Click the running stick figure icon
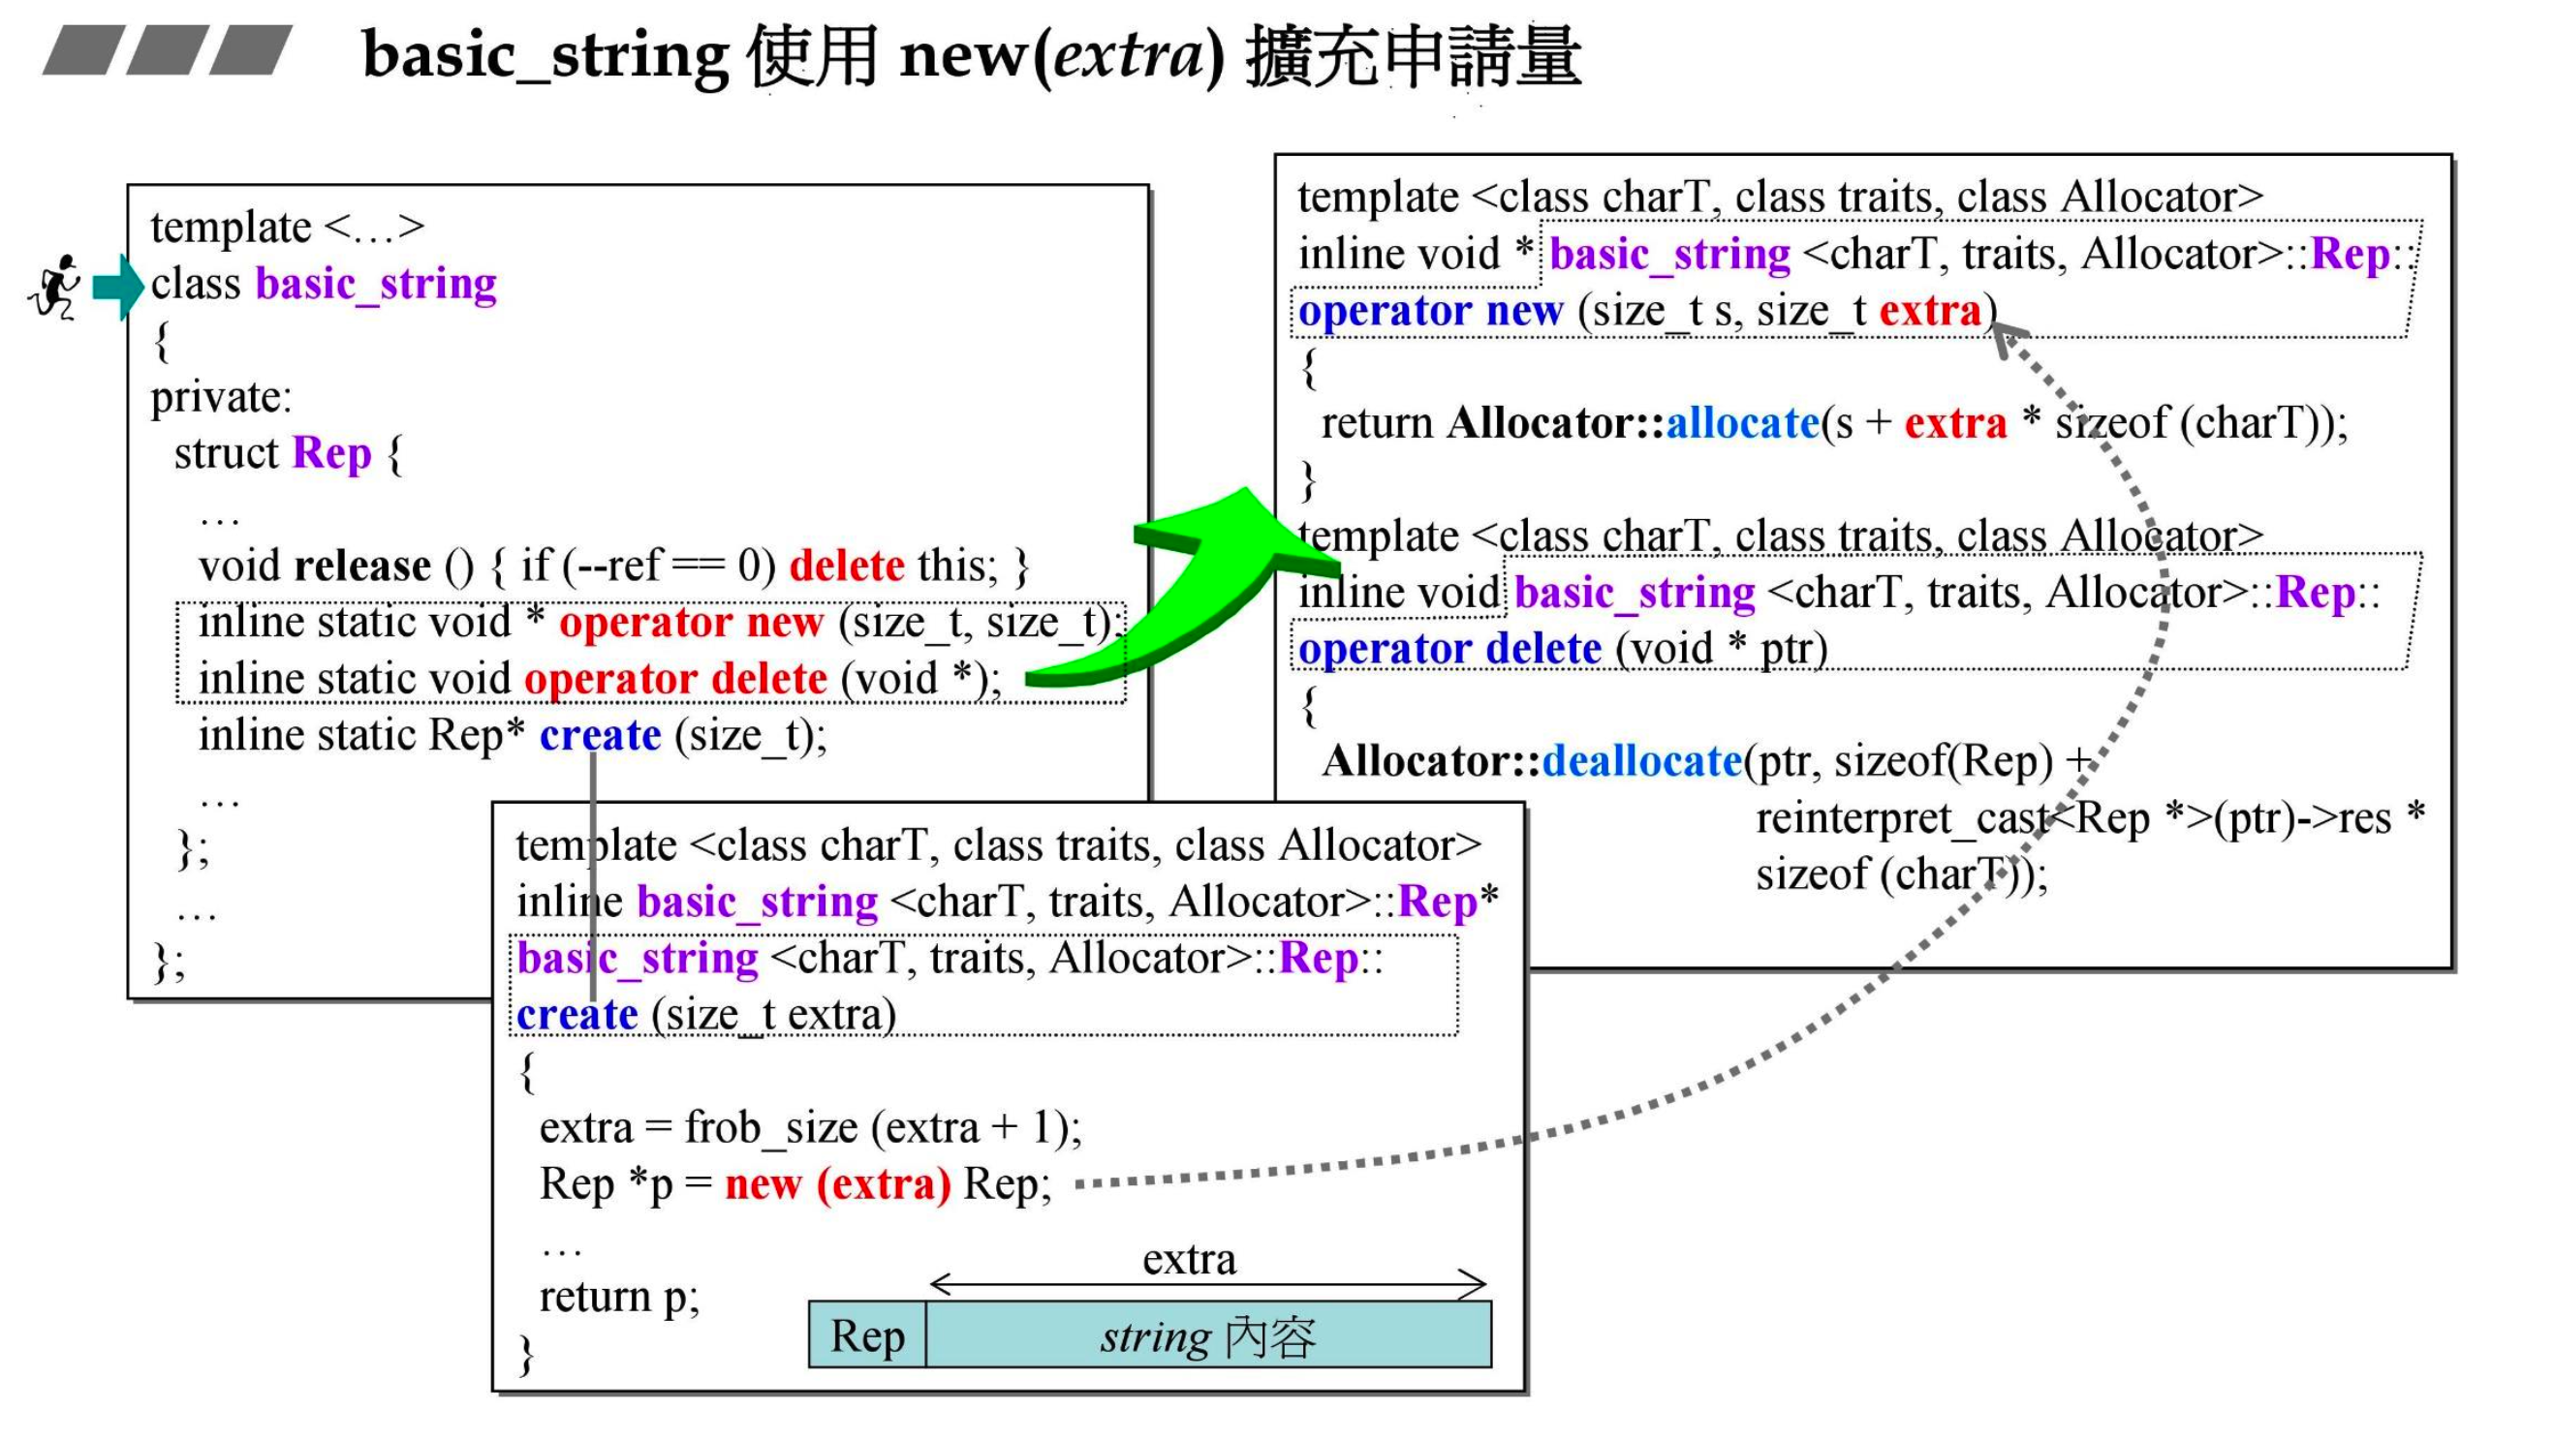55,288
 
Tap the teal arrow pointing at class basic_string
118,288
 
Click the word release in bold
362,567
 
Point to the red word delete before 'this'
847,567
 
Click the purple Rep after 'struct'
331,454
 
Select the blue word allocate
1742,424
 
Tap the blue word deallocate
1641,762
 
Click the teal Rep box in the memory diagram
867,1337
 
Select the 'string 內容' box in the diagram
1207,1337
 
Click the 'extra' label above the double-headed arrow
1189,1260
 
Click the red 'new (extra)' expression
838,1184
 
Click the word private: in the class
221,397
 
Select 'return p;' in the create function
619,1298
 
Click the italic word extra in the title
1127,54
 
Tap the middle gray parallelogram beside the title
168,49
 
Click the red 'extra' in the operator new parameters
1929,311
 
